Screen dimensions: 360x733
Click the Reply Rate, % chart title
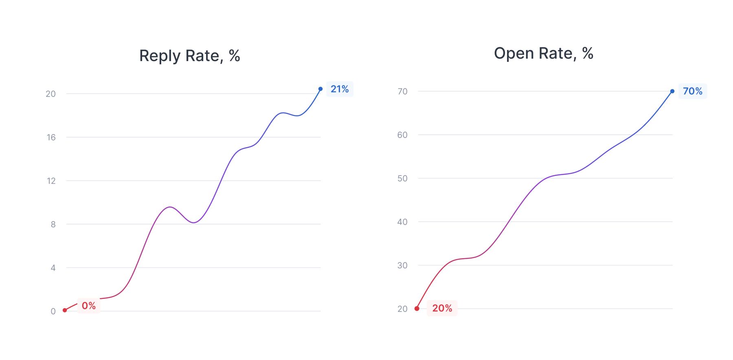coord(189,56)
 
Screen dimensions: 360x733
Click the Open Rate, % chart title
coord(543,53)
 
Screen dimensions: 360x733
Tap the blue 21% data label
coord(340,89)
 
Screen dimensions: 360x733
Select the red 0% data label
coord(89,306)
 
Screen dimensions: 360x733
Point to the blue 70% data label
coord(692,91)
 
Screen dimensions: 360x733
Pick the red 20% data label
coord(442,308)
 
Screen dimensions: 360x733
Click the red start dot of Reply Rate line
coord(65,310)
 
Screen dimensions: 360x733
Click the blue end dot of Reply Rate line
coord(320,89)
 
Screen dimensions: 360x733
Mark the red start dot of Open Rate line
coord(417,309)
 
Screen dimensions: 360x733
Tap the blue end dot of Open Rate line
coord(672,91)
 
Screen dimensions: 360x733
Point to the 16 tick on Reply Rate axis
coord(51,138)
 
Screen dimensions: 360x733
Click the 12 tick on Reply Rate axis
coord(51,181)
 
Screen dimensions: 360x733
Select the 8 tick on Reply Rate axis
coord(53,224)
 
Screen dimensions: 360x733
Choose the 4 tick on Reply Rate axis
coord(53,268)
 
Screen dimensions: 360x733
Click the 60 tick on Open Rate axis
coord(402,135)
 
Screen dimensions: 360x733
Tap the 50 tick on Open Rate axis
coord(402,178)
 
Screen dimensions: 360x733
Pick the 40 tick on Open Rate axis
coord(402,222)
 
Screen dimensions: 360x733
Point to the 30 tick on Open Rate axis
coord(402,266)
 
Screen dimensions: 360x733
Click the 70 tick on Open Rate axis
coord(402,92)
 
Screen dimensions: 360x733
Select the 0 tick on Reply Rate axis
coord(53,312)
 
